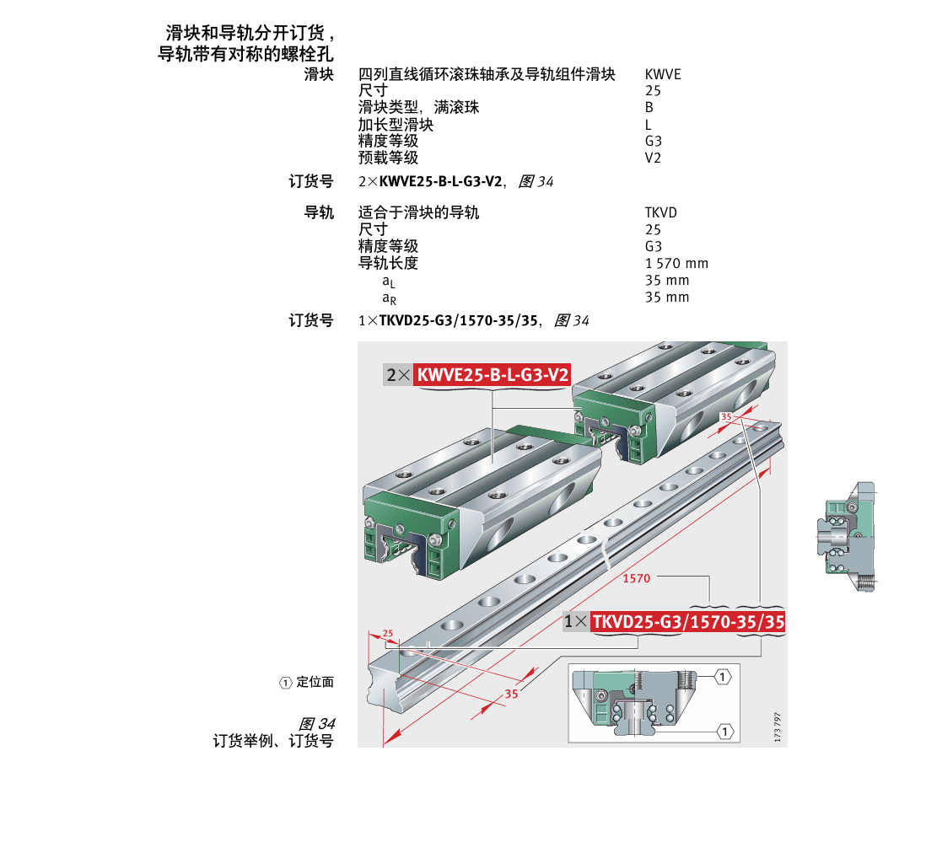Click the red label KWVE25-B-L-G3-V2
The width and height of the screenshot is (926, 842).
(x=493, y=375)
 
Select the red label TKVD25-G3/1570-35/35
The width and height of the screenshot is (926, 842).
(x=688, y=622)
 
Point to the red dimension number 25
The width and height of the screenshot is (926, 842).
(x=387, y=633)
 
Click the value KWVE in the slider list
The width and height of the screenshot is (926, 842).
(x=662, y=74)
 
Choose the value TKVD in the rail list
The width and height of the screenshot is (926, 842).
(x=660, y=212)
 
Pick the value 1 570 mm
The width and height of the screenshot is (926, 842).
(x=676, y=263)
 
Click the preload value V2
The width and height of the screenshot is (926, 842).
(x=653, y=158)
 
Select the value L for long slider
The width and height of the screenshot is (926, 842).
(x=648, y=125)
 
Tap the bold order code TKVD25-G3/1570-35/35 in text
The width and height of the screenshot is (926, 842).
(x=459, y=320)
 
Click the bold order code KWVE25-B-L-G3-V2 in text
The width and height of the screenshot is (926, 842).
(x=441, y=181)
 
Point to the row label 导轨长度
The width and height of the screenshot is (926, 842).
(x=388, y=263)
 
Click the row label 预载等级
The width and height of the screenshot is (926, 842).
(x=388, y=158)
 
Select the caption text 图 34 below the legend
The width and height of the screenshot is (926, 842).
(x=317, y=724)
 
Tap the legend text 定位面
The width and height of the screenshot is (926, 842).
(x=315, y=683)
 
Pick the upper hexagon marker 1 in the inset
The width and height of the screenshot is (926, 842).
(x=723, y=676)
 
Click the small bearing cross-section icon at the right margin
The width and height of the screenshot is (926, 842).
(x=848, y=537)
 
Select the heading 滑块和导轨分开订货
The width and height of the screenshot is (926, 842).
(x=250, y=34)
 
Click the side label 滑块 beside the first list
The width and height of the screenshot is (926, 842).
(x=319, y=74)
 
